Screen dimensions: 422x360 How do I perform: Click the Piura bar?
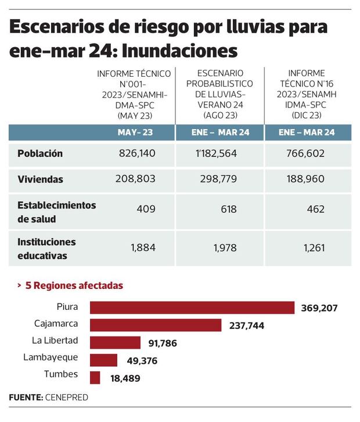192,307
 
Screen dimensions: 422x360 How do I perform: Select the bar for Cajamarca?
156,325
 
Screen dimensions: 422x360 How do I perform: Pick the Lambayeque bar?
103,360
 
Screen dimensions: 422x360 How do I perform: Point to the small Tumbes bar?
95,377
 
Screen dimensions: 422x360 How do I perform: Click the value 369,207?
319,308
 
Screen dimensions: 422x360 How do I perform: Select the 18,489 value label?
125,378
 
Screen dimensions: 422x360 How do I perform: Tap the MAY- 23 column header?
135,133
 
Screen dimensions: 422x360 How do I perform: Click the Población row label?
40,154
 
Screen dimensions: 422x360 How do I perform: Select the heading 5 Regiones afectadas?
74,286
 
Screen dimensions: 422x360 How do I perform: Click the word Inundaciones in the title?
181,51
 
